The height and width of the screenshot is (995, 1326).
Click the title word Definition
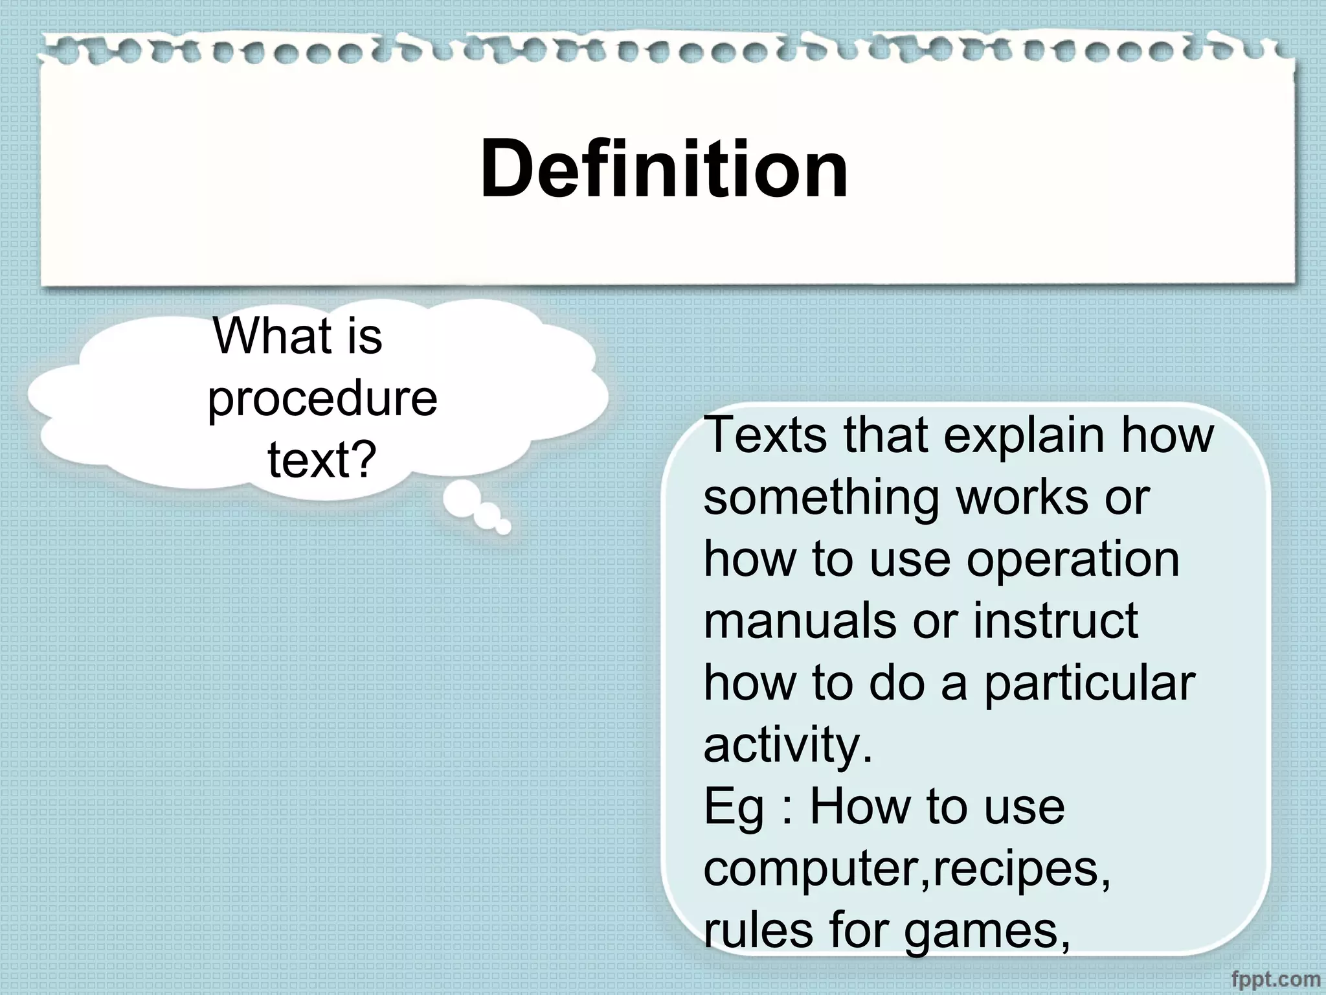point(664,170)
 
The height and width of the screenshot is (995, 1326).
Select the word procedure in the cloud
point(322,400)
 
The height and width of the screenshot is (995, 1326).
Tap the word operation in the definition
point(1073,560)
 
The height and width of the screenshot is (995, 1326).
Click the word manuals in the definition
point(800,621)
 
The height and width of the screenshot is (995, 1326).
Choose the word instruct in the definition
point(1055,621)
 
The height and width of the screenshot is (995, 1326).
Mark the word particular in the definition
point(1090,683)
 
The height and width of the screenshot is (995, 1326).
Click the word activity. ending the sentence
point(788,745)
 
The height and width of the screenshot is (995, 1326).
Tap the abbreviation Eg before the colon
point(734,808)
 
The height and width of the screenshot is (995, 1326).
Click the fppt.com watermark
point(1275,979)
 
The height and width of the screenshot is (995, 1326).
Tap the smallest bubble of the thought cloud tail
point(503,527)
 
